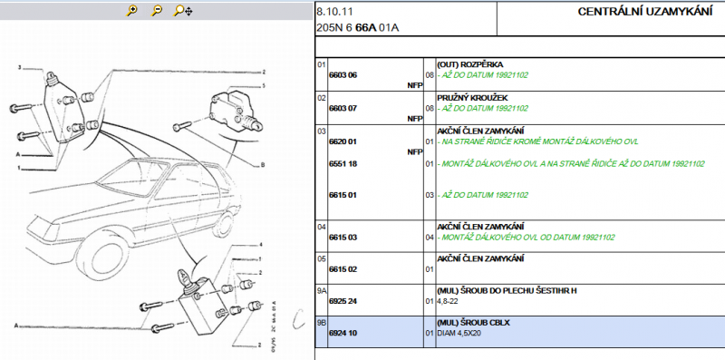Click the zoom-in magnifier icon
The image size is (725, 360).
[131, 10]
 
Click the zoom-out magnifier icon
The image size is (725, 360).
[157, 10]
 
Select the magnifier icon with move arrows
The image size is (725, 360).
[183, 11]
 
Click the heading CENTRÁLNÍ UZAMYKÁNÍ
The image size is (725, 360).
[644, 12]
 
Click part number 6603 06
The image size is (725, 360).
[343, 75]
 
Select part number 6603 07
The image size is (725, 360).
[343, 108]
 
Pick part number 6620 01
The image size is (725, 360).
[343, 141]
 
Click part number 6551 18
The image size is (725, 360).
[343, 164]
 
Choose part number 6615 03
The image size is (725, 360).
[343, 238]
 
